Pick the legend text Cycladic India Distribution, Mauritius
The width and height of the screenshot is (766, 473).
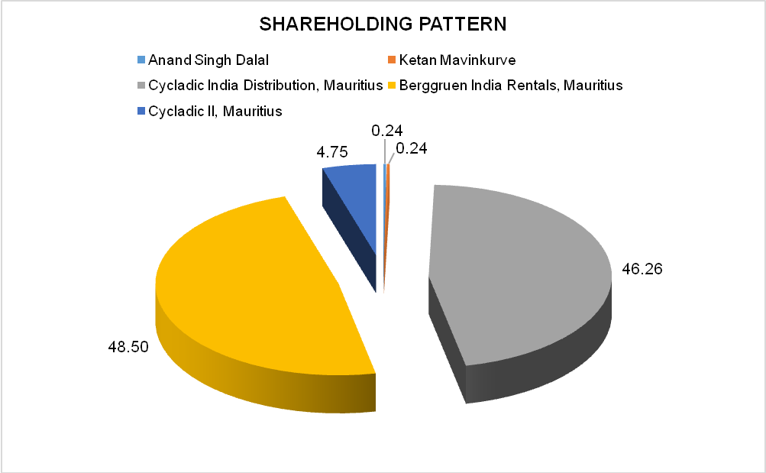[266, 86]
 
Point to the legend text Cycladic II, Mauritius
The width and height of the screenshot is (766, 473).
[216, 112]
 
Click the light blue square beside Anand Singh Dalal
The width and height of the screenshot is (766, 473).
[140, 60]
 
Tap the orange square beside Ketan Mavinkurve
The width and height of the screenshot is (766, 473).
[391, 60]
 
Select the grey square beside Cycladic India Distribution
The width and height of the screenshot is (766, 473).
[140, 86]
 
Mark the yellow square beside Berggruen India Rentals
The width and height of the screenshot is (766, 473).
[392, 86]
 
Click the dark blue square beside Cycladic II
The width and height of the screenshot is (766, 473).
[140, 112]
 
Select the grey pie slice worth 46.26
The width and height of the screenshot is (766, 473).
[519, 275]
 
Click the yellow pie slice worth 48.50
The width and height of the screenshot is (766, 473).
[260, 290]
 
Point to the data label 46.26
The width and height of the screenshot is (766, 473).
[642, 270]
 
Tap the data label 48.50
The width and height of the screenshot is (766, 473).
[128, 346]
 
